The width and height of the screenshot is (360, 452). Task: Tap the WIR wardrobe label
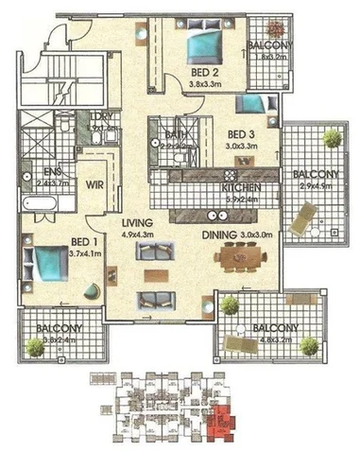coord(95,186)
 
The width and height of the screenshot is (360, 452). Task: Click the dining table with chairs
coord(240,256)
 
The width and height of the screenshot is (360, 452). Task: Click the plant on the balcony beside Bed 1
coord(36,347)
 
